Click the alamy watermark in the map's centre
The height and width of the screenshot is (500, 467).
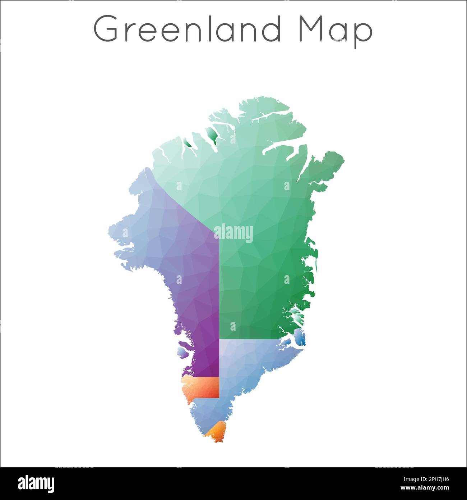[x=233, y=233]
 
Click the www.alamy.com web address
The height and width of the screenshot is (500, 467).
[x=425, y=488]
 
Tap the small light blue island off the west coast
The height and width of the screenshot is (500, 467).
[x=183, y=352]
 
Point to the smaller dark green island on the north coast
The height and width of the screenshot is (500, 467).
[x=188, y=143]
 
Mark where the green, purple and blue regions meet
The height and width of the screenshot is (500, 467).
[x=219, y=339]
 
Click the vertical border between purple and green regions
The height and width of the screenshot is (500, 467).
[x=219, y=288]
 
